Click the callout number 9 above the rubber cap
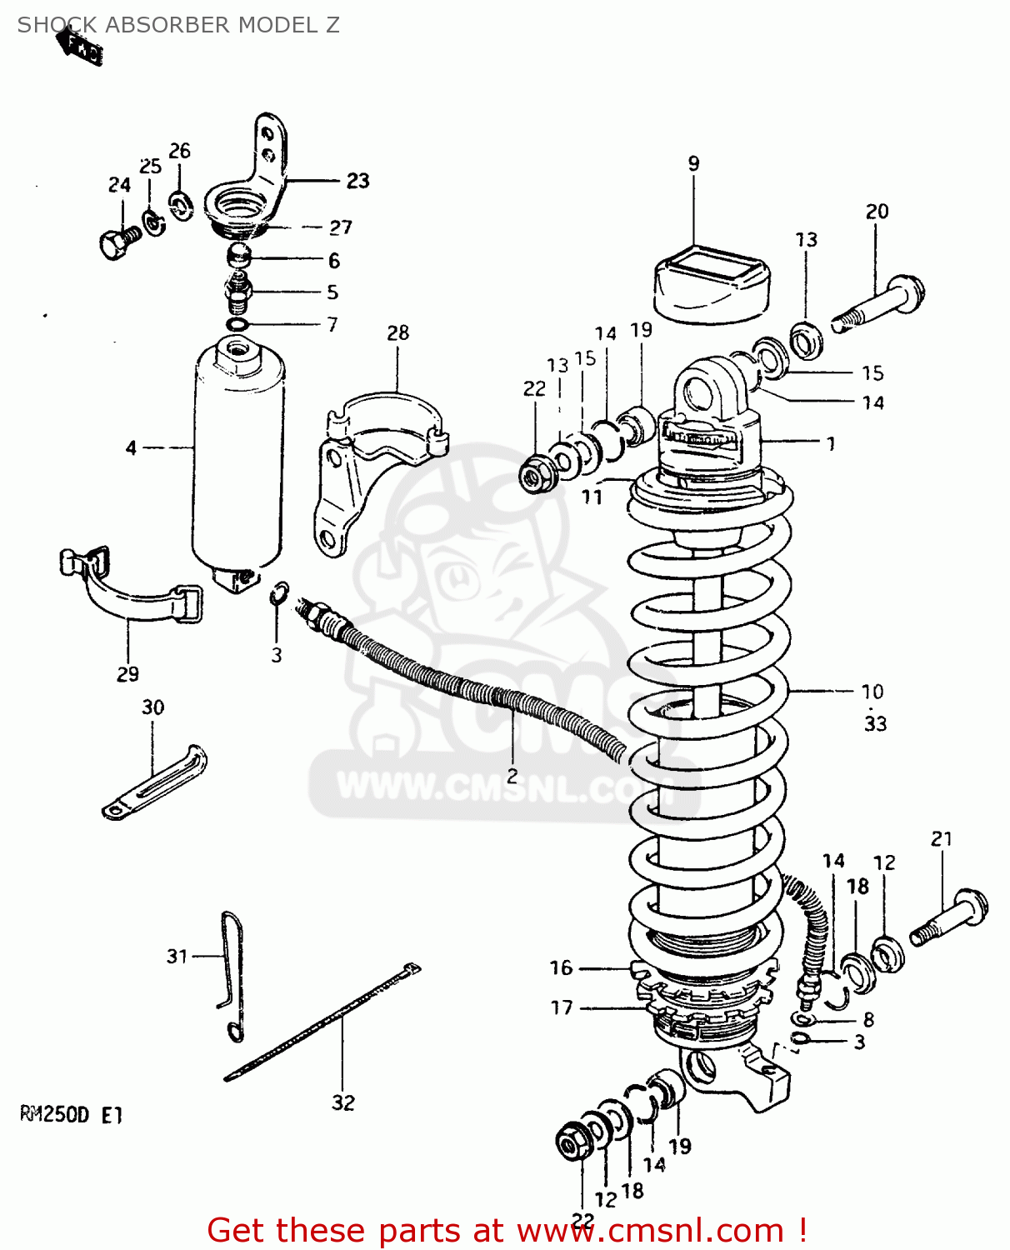pyautogui.click(x=693, y=163)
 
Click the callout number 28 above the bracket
pyautogui.click(x=397, y=332)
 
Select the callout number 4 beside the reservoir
pyautogui.click(x=131, y=448)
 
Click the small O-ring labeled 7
pyautogui.click(x=237, y=324)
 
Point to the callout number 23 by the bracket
pyautogui.click(x=357, y=181)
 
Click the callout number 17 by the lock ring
pyautogui.click(x=562, y=1007)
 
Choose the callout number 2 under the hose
pyautogui.click(x=512, y=776)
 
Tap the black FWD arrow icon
pyautogui.click(x=81, y=44)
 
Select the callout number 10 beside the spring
pyautogui.click(x=872, y=691)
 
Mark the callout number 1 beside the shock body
pyautogui.click(x=830, y=443)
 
